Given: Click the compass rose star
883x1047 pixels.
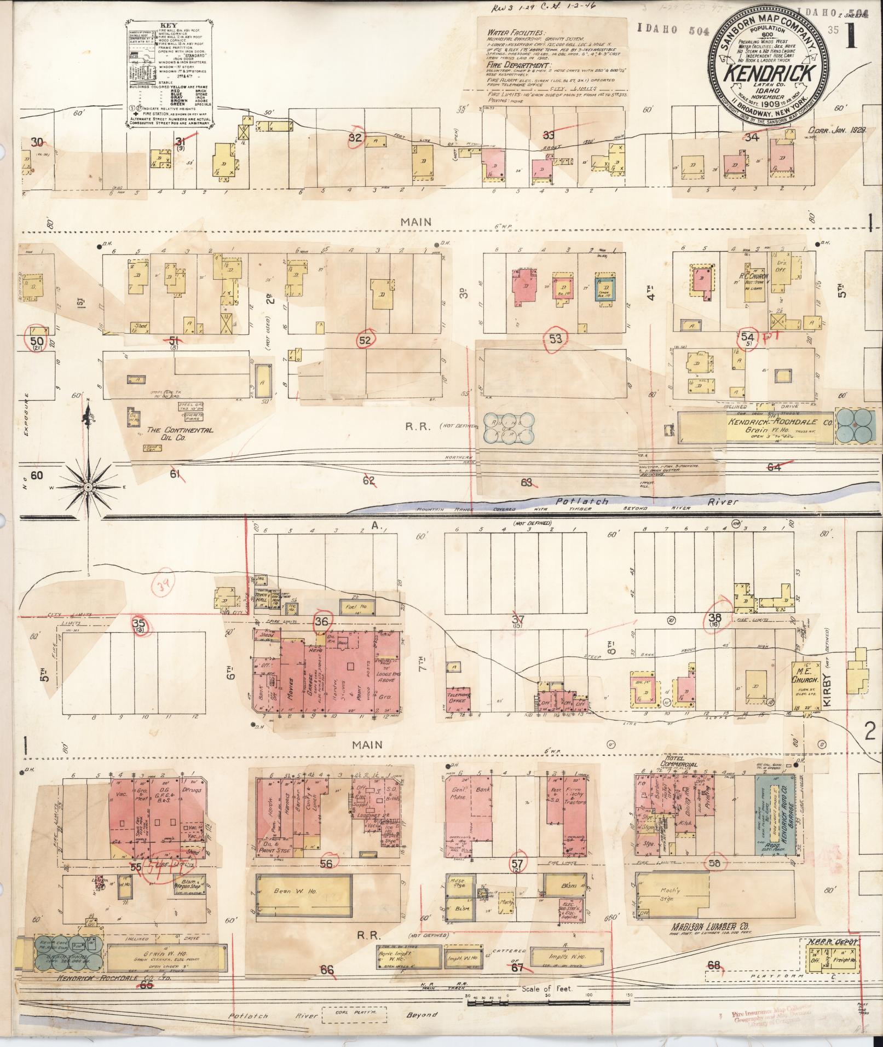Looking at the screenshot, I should (x=87, y=486).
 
